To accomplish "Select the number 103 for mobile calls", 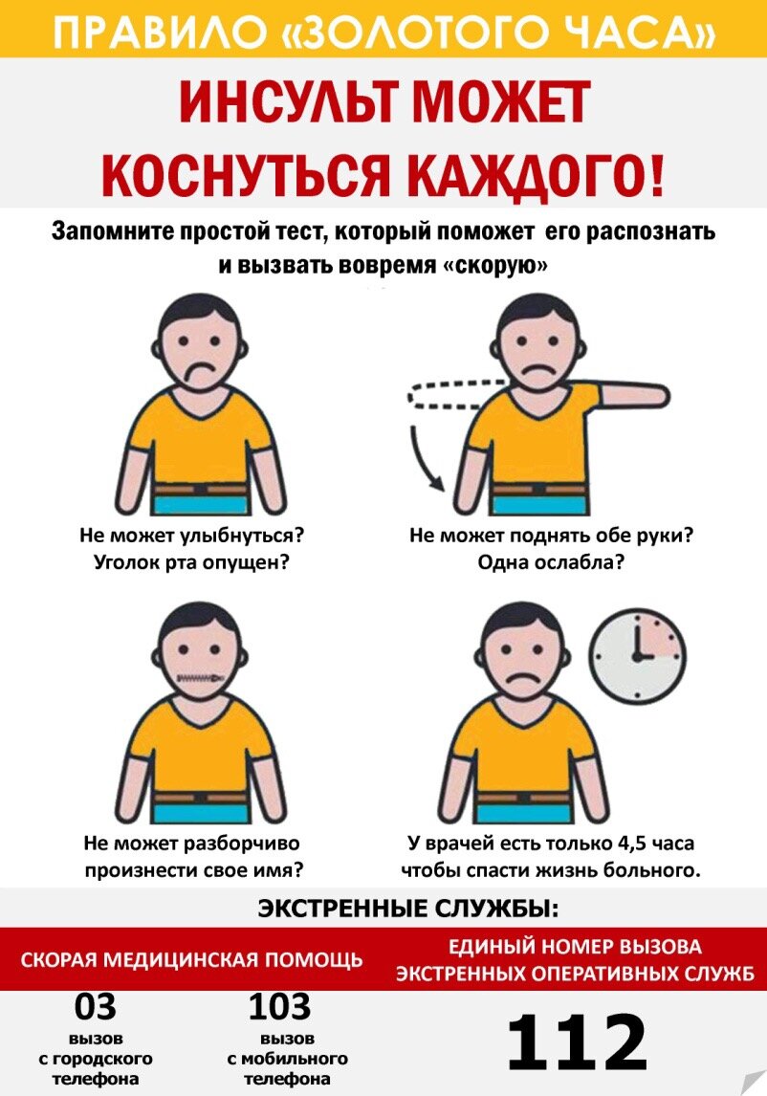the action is tap(279, 1006).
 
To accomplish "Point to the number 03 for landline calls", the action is tap(95, 1006).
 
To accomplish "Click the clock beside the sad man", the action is tap(637, 656).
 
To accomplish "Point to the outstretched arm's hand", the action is tap(654, 396).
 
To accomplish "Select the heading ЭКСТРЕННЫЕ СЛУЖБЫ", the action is tap(408, 909).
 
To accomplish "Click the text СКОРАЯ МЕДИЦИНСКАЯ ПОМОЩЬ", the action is tap(191, 959).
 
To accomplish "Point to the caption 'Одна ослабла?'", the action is tap(551, 562).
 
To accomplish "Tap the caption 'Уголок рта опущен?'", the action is tap(191, 562).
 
